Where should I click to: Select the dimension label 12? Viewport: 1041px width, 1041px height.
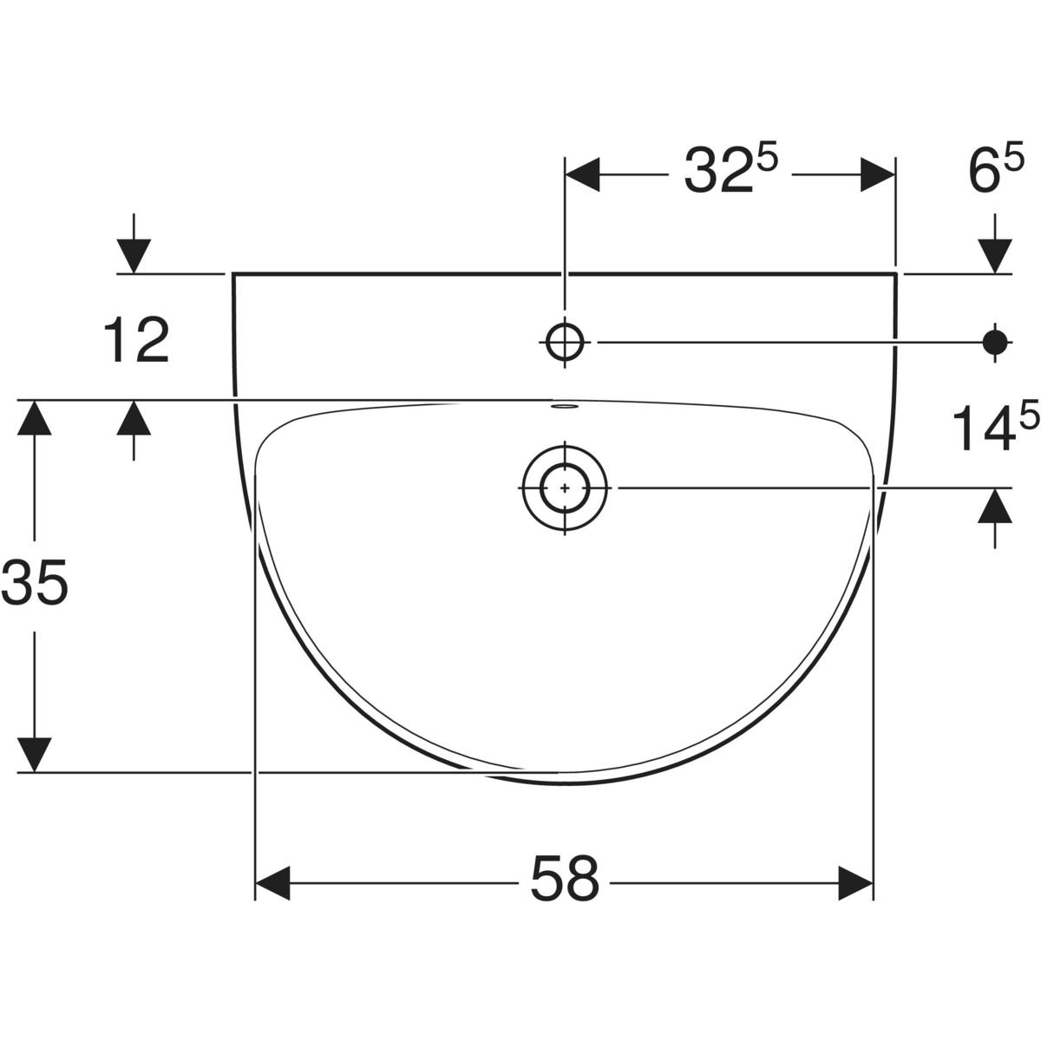coord(136,340)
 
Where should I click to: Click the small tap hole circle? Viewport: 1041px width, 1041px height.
coord(565,342)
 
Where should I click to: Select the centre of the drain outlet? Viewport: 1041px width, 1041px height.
coord(565,488)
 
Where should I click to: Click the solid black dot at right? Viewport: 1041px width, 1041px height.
coord(995,342)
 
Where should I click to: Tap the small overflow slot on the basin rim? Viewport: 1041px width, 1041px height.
coord(565,405)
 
